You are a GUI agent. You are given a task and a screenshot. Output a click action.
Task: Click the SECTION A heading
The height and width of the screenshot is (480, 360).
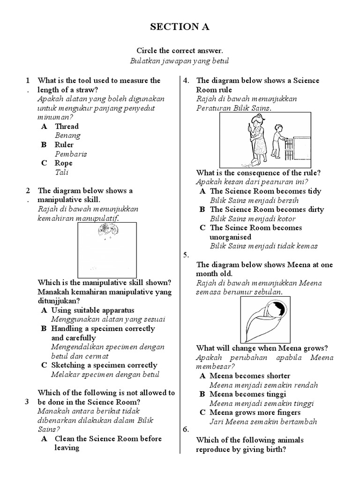pyautogui.click(x=180, y=27)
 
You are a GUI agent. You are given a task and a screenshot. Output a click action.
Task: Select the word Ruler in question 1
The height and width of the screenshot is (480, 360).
pyautogui.click(x=64, y=145)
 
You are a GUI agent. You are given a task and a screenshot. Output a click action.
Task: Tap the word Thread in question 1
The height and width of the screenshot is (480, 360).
pyautogui.click(x=67, y=127)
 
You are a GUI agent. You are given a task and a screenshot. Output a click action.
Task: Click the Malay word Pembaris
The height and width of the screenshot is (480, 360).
pyautogui.click(x=71, y=154)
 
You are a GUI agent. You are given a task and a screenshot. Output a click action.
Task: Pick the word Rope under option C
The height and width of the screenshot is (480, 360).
pyautogui.click(x=64, y=163)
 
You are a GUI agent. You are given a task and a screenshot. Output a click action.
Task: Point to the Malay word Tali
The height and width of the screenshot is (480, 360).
pyautogui.click(x=61, y=172)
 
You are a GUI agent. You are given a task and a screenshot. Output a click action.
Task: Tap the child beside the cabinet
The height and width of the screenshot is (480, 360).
pyautogui.click(x=278, y=141)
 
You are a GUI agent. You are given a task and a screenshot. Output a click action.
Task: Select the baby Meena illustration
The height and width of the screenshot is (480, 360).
pyautogui.click(x=265, y=319)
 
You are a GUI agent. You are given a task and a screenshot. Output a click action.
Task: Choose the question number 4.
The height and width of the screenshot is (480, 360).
pyautogui.click(x=186, y=81)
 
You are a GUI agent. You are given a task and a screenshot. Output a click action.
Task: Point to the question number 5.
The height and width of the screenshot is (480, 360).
pyautogui.click(x=186, y=255)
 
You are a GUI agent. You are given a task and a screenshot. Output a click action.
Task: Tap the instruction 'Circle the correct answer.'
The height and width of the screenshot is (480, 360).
pyautogui.click(x=180, y=51)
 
